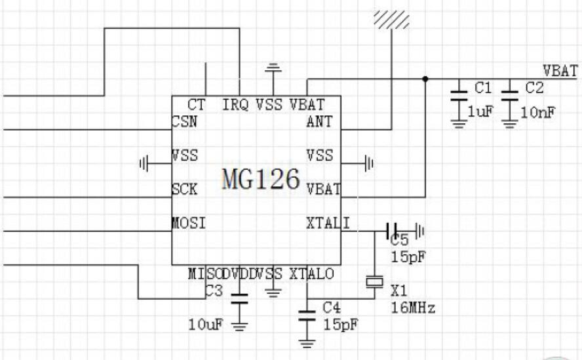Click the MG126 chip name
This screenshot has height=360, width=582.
(x=261, y=178)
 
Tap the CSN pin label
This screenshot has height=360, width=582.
(x=185, y=121)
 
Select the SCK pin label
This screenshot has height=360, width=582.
(x=185, y=189)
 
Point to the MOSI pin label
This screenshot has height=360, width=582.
(x=189, y=223)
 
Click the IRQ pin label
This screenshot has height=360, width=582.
(x=235, y=104)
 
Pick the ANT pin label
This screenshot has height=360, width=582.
(x=319, y=121)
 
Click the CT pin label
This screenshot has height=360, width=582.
(x=196, y=104)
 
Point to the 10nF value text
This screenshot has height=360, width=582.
(x=538, y=112)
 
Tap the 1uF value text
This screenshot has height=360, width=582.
(x=480, y=112)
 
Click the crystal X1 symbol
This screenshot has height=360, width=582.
(x=374, y=281)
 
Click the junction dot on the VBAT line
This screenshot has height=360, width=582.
(x=425, y=79)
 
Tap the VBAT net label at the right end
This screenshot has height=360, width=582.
(x=560, y=70)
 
